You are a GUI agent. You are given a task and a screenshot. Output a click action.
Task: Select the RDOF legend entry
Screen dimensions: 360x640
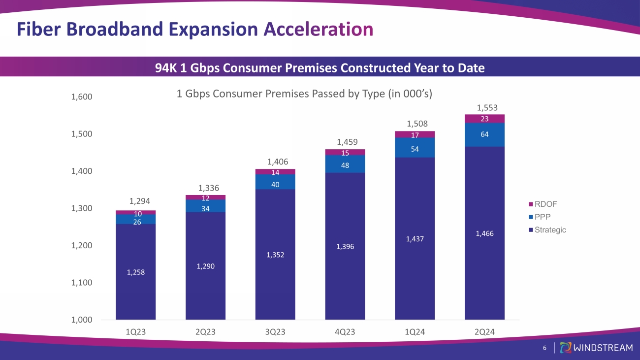click(546, 204)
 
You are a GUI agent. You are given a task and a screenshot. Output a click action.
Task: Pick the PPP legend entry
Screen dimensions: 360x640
click(544, 217)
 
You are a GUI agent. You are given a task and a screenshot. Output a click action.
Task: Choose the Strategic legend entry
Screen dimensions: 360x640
click(550, 229)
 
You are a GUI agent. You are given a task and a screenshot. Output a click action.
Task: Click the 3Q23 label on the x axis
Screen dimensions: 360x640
click(275, 332)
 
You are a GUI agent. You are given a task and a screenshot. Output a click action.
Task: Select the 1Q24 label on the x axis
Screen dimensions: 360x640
click(415, 332)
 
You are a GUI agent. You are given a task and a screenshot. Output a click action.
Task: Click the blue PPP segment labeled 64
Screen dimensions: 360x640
click(484, 134)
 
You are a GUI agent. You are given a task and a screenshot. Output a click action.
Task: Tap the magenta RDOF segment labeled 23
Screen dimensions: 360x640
click(484, 119)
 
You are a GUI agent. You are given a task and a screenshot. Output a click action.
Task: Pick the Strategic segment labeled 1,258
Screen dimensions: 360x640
click(136, 272)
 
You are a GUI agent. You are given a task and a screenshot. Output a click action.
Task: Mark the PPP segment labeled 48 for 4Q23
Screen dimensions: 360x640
click(345, 165)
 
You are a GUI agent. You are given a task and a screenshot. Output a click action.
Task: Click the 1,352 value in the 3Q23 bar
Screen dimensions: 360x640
click(275, 255)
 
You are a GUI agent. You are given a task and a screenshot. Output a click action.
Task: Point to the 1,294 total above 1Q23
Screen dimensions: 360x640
click(136, 201)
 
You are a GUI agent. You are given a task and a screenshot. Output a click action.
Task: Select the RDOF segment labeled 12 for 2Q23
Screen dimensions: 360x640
click(205, 198)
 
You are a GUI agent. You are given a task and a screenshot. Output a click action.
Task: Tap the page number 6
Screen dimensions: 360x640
click(544, 348)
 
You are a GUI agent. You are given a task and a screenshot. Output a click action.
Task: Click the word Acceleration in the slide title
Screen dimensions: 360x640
click(318, 29)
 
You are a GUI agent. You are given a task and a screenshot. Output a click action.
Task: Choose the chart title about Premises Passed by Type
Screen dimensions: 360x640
click(304, 94)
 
